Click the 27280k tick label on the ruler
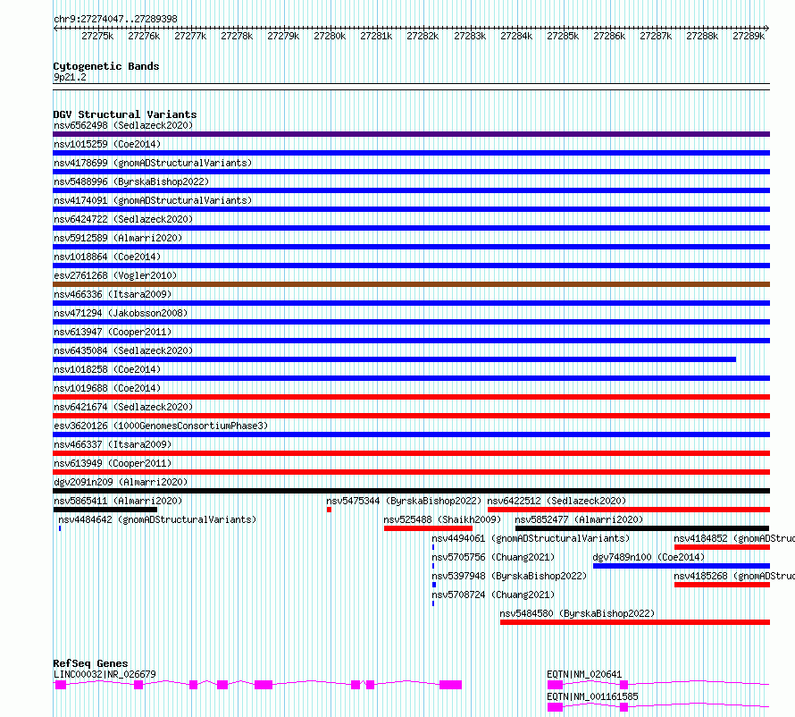coord(330,36)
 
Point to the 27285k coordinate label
coord(563,36)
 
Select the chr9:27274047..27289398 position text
coord(115,19)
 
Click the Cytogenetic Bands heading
coord(106,66)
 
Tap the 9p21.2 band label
coord(70,77)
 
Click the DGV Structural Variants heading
coord(125,114)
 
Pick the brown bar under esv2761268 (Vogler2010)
coord(411,284)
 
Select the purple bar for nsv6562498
coord(411,134)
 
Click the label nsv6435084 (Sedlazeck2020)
coord(123,350)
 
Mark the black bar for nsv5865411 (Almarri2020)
coord(105,510)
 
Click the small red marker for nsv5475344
coord(329,510)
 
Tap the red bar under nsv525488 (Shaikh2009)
coord(428,528)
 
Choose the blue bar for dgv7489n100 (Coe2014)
coord(682,566)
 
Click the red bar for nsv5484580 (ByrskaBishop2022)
coord(635,622)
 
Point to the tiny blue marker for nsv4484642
coord(60,528)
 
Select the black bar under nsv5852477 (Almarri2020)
coord(642,528)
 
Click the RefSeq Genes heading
coord(90,663)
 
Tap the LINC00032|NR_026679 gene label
coord(105,674)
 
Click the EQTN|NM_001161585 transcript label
coord(592,696)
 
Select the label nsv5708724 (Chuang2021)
coord(493,595)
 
